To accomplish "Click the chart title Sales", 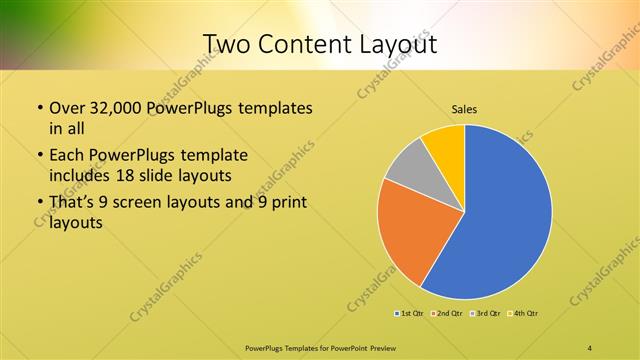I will (463, 109).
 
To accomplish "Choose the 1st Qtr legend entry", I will (409, 314).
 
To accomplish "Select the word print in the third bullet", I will (286, 203).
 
